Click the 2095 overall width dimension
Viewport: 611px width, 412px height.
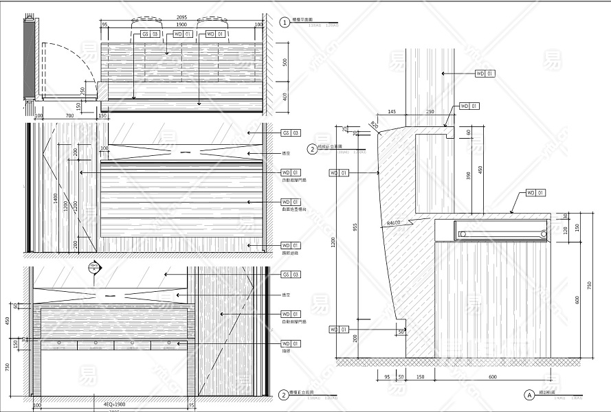click(181, 17)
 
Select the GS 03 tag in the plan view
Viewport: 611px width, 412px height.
click(150, 33)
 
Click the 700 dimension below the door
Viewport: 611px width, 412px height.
click(69, 115)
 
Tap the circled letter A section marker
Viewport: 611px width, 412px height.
click(529, 395)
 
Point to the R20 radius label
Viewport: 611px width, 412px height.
click(374, 124)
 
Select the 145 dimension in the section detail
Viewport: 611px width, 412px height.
click(392, 111)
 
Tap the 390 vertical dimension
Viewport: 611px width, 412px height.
click(469, 176)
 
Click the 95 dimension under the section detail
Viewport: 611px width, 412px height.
click(387, 377)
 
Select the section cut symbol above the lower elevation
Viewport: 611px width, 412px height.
click(93, 267)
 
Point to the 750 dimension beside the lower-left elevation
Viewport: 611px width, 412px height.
click(7, 365)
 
